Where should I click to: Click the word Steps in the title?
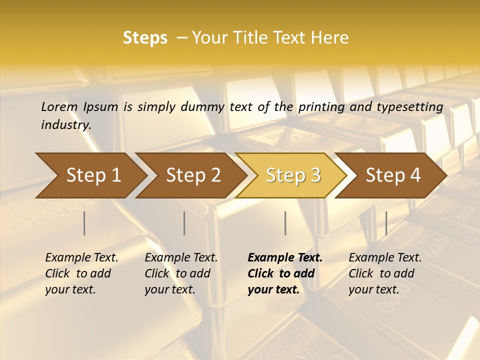145,38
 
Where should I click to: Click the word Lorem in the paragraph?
59,106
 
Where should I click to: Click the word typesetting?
413,106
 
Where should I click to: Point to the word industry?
66,124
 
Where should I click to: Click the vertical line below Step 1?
84,223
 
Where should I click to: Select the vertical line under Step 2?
184,223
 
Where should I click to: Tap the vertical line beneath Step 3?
285,223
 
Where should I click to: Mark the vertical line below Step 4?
386,223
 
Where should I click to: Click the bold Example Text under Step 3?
285,258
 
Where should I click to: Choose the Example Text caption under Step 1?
81,258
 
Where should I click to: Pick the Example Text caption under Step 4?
385,258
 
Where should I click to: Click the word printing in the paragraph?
321,106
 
